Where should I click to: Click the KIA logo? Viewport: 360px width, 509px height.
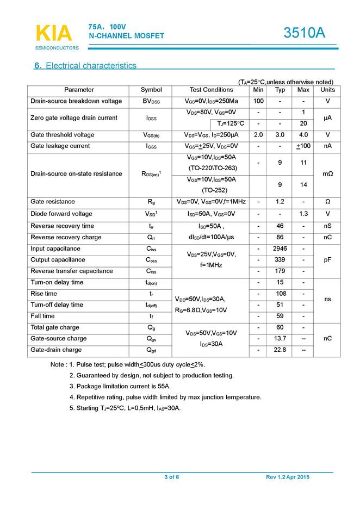tap(54, 34)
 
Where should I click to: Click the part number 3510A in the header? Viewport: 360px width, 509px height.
tap(304, 34)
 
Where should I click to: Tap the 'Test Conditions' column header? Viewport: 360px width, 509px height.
tap(211, 90)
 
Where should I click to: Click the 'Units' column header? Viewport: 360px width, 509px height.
tap(327, 90)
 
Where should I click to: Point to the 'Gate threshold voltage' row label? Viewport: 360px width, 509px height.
tap(63, 135)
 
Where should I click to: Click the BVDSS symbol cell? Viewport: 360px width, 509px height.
tap(151, 101)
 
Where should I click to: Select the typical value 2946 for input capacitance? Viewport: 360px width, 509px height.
tap(280, 249)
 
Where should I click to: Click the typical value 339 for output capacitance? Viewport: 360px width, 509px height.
tap(280, 260)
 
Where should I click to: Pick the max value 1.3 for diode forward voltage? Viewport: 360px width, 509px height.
tap(303, 214)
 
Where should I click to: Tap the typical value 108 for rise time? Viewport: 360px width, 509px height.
tap(280, 294)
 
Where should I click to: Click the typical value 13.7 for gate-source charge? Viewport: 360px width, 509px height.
tap(280, 339)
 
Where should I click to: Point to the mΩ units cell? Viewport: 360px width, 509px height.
tap(327, 174)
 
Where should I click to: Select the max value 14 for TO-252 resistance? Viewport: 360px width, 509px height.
tap(303, 185)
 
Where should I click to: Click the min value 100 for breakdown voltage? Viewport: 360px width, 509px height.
tap(258, 101)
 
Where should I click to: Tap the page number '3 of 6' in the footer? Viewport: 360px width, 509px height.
tap(171, 477)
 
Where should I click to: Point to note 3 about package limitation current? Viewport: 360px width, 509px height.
tap(120, 386)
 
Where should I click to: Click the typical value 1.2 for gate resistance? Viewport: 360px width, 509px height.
tap(280, 202)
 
